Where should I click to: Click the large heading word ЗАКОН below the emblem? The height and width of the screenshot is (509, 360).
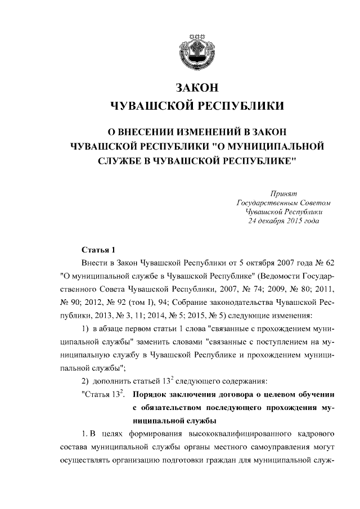pyautogui.click(x=196, y=88)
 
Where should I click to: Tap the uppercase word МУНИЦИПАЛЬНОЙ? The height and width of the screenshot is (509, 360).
pyautogui.click(x=277, y=146)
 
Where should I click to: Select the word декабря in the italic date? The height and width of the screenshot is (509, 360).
pyautogui.click(x=274, y=221)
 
